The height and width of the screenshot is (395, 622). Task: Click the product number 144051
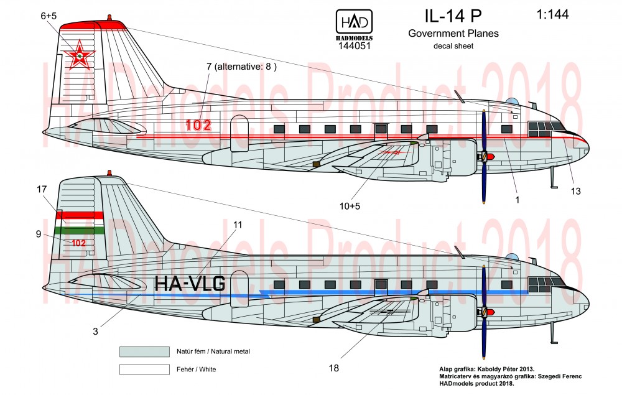click(355, 45)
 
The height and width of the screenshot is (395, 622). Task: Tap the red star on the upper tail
click(80, 57)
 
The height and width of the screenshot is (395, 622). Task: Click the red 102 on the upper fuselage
click(198, 125)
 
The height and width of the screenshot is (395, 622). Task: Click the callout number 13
click(575, 191)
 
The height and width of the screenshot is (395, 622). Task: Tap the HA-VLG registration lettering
click(189, 284)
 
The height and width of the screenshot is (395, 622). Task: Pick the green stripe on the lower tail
click(79, 230)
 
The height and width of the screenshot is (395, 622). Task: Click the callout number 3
click(95, 332)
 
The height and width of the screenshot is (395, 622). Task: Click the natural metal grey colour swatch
click(144, 351)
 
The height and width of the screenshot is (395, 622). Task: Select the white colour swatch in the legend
click(144, 369)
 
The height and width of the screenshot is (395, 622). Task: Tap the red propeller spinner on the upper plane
click(490, 156)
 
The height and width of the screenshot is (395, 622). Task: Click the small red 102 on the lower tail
click(78, 243)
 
